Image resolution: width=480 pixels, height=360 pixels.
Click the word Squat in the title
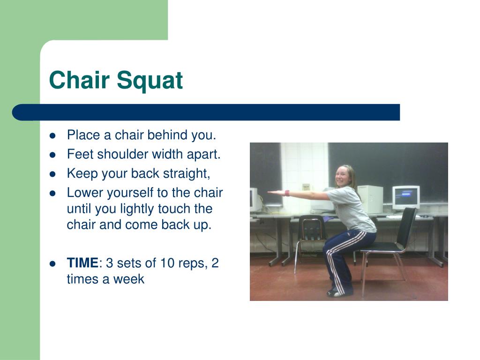tap(150, 81)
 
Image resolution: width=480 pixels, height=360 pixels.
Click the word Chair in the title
tap(79, 80)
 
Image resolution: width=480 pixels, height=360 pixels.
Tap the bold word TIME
tap(82, 262)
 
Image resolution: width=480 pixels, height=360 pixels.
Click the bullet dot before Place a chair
tap(52, 135)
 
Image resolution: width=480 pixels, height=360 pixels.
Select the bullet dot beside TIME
tap(52, 263)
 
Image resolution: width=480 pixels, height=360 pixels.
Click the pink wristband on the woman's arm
tap(287, 193)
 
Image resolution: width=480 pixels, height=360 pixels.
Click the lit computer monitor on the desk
tap(406, 197)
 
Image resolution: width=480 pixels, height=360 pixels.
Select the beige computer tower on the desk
tap(370, 199)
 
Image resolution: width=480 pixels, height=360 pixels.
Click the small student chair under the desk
tap(310, 239)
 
